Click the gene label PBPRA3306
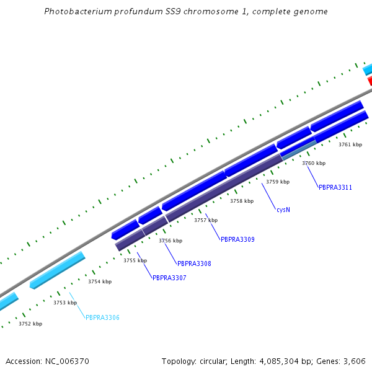pos(102,317)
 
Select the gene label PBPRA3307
pos(169,278)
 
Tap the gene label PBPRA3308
pos(194,263)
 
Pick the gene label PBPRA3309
pos(237,239)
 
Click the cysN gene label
pos(283,210)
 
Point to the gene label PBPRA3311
pos(335,187)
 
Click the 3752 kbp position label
pos(30,324)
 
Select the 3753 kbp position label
pos(65,303)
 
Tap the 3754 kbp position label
pos(100,281)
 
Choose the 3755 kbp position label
pos(135,260)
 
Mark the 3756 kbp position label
pos(170,241)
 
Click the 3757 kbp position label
pos(206,220)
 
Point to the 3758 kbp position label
pos(242,201)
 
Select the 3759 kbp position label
pos(278,182)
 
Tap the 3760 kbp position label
pos(314,163)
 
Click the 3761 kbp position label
pos(350,144)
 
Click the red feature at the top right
pos(370,81)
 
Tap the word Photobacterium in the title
pos(74,12)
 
